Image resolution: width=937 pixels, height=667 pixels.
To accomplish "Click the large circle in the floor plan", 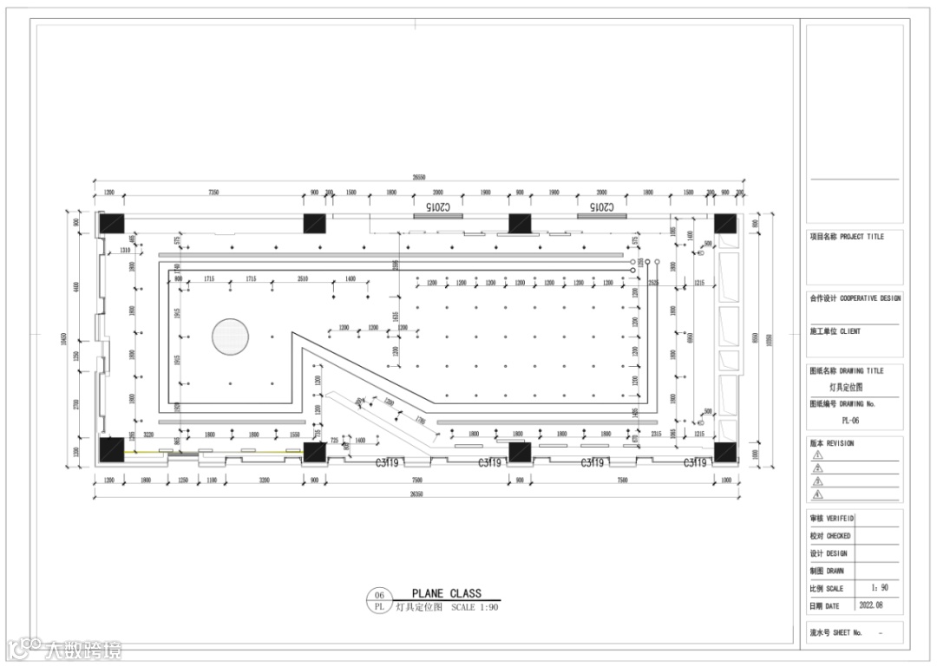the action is (x=231, y=336).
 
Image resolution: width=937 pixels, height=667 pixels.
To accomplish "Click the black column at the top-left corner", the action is (x=111, y=224).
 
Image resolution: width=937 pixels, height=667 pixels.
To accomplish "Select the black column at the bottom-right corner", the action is (x=724, y=452).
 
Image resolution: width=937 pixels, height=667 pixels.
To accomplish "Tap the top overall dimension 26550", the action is (x=418, y=177).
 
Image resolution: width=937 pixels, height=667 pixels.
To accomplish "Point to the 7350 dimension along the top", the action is (x=212, y=192).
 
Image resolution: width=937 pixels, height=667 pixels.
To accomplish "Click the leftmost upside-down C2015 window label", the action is (x=438, y=208).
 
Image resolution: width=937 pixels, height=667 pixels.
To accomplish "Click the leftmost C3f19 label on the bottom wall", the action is (x=387, y=463).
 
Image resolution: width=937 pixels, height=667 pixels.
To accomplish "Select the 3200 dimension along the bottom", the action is (x=264, y=480).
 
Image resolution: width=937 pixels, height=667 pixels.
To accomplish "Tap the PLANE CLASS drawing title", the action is (x=446, y=594).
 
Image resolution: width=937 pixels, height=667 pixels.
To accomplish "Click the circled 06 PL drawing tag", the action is (x=379, y=600).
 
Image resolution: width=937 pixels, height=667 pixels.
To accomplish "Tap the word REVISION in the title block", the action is (x=840, y=443).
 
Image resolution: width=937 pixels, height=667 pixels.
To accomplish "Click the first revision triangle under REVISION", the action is (x=816, y=454).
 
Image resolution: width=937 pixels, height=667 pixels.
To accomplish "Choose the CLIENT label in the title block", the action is (x=849, y=331).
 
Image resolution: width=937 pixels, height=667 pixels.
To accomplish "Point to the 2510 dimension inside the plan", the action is (x=303, y=278).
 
